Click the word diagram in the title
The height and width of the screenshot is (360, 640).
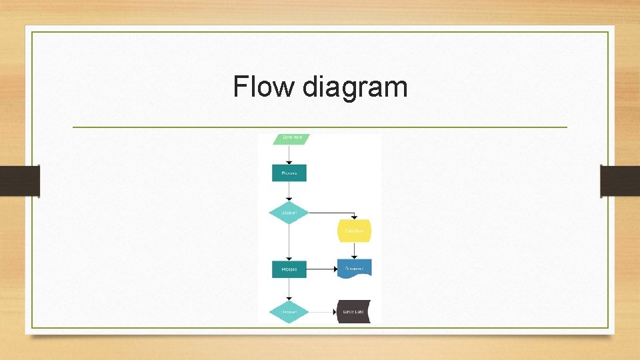coord(354,88)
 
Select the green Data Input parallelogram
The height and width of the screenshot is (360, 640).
coord(292,138)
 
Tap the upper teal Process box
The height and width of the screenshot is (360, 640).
coord(289,173)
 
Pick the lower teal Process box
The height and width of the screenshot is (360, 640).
coord(289,269)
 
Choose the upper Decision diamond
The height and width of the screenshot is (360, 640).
coord(289,213)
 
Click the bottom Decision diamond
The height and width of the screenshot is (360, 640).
coord(289,311)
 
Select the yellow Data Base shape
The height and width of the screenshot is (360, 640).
coord(354,231)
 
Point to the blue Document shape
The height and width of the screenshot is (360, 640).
coord(354,268)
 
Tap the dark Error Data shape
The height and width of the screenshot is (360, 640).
coord(353,311)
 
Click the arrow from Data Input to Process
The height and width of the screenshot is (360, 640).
coord(289,155)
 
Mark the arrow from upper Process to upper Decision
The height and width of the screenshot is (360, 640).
coord(289,191)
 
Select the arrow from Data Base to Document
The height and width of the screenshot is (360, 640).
coord(354,251)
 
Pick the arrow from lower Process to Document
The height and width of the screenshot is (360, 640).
coord(322,269)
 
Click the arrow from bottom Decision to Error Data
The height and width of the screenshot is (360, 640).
coord(323,311)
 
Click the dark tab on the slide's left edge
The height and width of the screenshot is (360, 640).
coord(20,181)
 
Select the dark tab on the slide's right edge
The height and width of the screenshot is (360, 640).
coord(620,181)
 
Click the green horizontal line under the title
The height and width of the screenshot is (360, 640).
coord(319,127)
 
